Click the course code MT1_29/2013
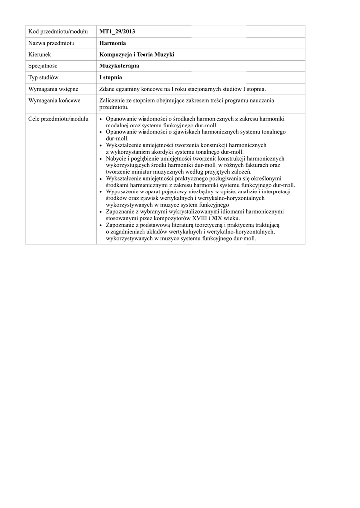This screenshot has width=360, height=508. [x=117, y=32]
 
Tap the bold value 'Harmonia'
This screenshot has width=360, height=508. [x=112, y=43]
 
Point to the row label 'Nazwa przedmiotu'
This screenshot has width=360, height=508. [x=51, y=43]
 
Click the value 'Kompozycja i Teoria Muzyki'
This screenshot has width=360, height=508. [x=137, y=55]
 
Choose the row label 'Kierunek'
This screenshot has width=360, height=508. [x=40, y=55]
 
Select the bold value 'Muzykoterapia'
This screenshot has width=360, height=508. [x=119, y=66]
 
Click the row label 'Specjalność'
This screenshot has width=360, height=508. [x=44, y=66]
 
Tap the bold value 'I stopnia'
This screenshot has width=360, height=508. [x=111, y=77]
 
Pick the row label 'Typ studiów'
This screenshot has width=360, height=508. [x=44, y=77]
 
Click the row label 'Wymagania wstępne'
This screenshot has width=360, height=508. [x=54, y=89]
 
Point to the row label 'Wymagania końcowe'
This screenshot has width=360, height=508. [x=54, y=101]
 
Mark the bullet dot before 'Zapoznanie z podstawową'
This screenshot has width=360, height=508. [x=102, y=225]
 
